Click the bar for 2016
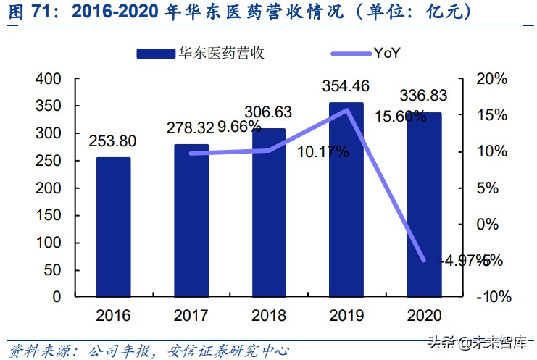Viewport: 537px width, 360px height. [113, 227]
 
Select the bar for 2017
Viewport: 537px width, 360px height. [191, 220]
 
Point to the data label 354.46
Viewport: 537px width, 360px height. [345, 86]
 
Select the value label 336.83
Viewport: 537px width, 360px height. [422, 95]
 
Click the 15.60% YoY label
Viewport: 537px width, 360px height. [399, 117]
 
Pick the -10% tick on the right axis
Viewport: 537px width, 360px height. [494, 297]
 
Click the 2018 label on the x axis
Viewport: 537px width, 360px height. [269, 316]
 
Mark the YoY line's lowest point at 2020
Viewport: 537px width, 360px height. [424, 260]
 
